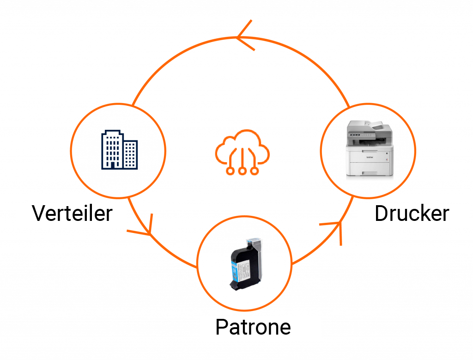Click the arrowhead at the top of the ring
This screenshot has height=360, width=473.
coord(243,37)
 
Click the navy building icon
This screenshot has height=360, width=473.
coord(119,149)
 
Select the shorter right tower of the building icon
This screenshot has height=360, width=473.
coord(130,154)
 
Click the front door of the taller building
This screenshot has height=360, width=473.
coord(112,164)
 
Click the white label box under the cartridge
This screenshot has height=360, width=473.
coord(260,329)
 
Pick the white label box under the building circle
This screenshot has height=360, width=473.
coord(71,215)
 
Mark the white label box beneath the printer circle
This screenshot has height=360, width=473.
coord(413,216)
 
